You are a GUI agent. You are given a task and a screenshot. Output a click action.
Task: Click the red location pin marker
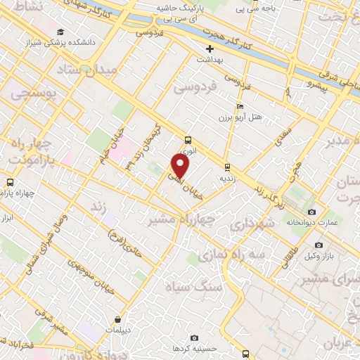(x=181, y=166)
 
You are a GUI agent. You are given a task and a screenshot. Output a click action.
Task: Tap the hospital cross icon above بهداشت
(x=209, y=49)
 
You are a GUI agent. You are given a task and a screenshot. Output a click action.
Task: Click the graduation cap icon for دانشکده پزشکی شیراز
(x=61, y=32)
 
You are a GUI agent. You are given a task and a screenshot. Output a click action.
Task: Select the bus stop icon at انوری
(x=187, y=140)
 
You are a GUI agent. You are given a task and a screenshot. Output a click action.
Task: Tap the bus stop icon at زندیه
(x=226, y=167)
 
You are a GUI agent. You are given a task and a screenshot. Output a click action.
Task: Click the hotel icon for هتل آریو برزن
(x=240, y=106)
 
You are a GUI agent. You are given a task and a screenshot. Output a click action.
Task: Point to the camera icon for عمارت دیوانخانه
(x=311, y=212)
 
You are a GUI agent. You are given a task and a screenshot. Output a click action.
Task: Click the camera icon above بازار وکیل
(x=319, y=245)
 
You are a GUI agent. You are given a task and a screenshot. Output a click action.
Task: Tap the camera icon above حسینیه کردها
(x=194, y=338)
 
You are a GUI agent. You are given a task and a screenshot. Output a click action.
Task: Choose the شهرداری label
(x=250, y=226)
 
